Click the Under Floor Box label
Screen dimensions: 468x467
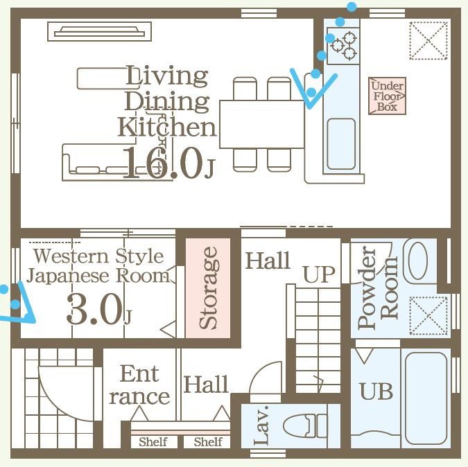point(387,96)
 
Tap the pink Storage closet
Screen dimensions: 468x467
point(208,288)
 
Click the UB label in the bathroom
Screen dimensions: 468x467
point(376,391)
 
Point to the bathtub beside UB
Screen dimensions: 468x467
point(426,398)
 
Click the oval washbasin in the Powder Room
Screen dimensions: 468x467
point(417,261)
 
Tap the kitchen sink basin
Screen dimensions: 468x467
point(341,143)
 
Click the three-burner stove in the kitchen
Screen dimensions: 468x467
point(343,46)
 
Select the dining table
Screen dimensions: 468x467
point(262,124)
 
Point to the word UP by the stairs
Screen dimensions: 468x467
point(319,274)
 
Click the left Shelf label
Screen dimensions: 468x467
point(153,442)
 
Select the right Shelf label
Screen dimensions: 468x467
point(208,442)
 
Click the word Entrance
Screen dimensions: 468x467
point(139,385)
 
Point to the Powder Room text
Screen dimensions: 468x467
point(378,288)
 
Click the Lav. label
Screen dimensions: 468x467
point(262,425)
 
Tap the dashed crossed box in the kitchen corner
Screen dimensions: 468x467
point(428,41)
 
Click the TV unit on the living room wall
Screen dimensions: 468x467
point(99,31)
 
